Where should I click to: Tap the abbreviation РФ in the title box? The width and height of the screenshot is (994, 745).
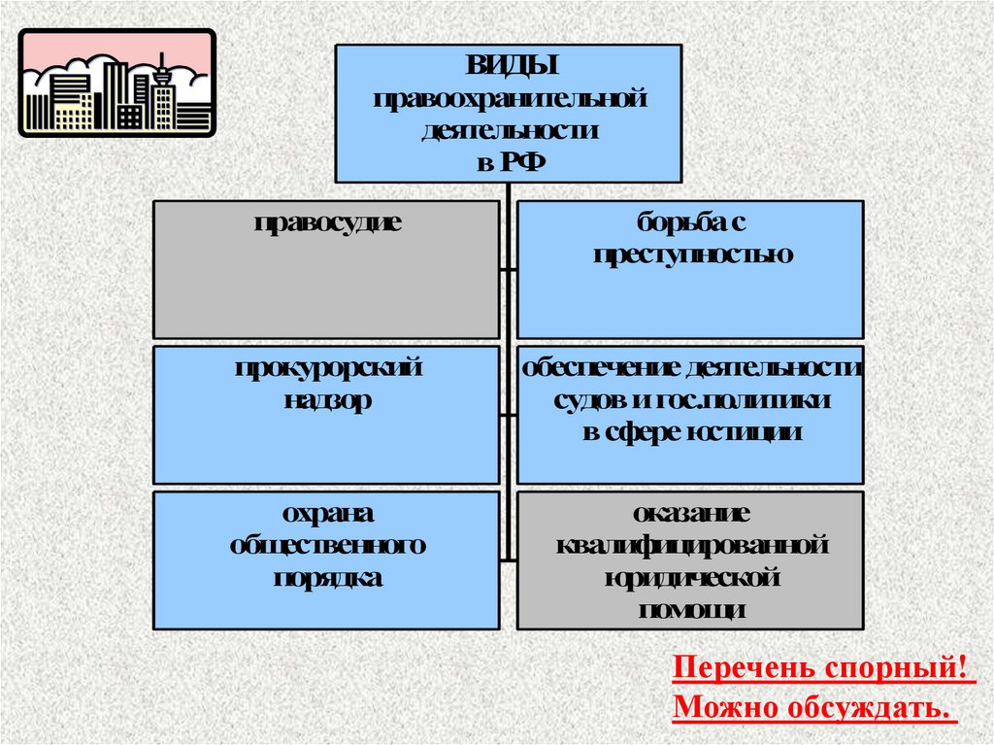coord(524,161)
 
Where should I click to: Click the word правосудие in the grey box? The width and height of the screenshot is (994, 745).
coord(327,222)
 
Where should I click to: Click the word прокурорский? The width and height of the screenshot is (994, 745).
coord(327,369)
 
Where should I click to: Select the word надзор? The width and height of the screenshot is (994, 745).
coord(327,401)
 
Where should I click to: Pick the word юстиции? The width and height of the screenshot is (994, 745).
coord(747,433)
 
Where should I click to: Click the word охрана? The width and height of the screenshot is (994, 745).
coord(327,514)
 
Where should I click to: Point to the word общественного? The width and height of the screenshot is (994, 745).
coord(327,546)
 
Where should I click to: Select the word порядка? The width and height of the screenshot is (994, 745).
coord(327,578)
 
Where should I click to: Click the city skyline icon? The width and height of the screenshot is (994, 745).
coord(117,84)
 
